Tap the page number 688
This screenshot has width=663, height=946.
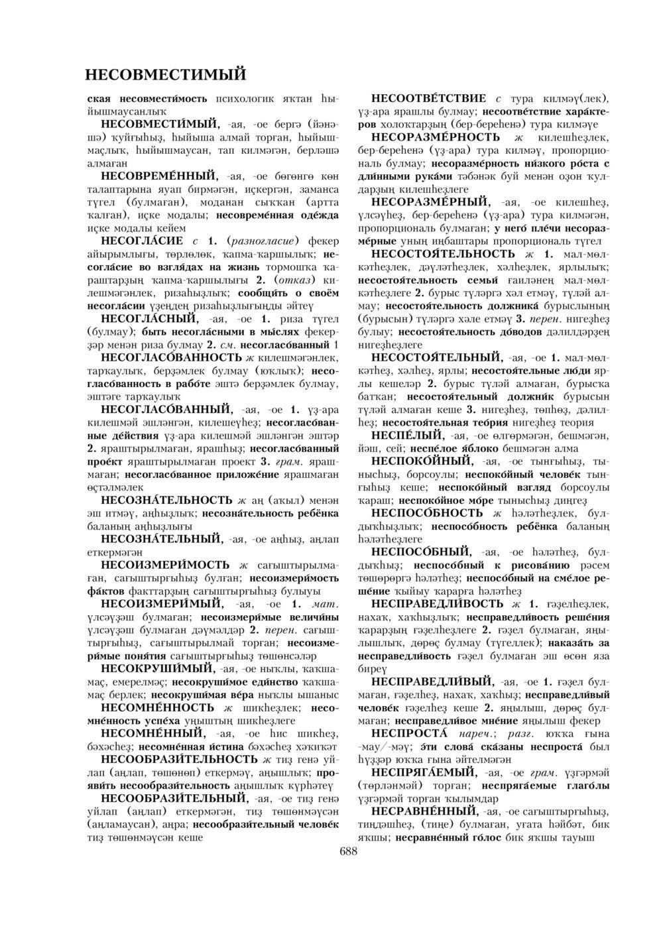348,852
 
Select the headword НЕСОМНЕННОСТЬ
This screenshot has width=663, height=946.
159,707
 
